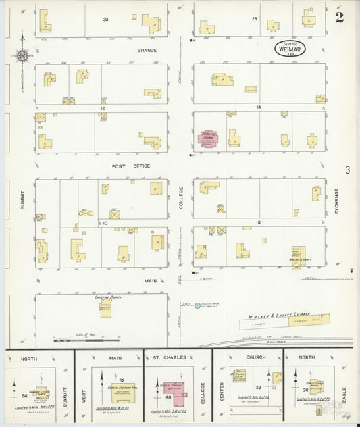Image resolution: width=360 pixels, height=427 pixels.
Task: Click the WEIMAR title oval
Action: [290, 48]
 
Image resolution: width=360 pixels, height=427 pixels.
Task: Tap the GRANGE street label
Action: [147, 50]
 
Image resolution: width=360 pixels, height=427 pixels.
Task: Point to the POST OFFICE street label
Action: [131, 166]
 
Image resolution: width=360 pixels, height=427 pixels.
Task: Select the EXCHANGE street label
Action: [336, 202]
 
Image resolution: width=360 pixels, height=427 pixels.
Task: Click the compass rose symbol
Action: [22, 57]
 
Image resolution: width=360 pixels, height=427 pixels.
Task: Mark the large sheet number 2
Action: [339, 17]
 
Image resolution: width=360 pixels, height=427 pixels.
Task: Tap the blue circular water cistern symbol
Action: [197, 306]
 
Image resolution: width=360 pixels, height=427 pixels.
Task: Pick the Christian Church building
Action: [105, 308]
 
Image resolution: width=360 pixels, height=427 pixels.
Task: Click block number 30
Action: [105, 19]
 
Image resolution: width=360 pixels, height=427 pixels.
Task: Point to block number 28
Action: [254, 19]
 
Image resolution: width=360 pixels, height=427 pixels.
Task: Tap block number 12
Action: [103, 108]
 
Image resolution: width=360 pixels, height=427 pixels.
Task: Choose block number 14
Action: [258, 108]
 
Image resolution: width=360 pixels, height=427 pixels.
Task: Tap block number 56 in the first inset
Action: [24, 396]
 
